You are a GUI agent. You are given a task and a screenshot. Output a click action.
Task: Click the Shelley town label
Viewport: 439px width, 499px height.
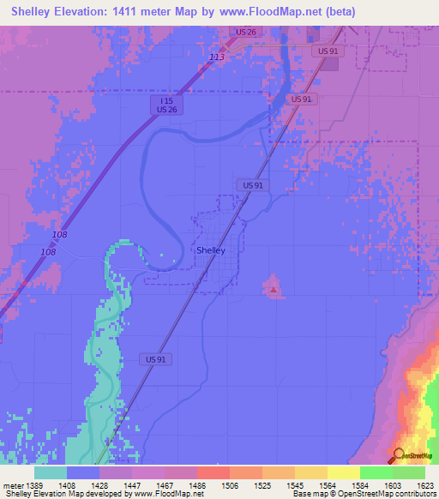tap(211, 250)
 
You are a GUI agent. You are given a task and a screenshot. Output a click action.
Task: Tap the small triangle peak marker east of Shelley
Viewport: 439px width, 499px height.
tap(274, 291)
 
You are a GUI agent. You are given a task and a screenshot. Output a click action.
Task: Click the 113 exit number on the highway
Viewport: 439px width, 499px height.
tap(217, 57)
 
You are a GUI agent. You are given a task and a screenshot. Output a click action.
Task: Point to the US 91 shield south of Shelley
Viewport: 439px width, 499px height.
tap(154, 360)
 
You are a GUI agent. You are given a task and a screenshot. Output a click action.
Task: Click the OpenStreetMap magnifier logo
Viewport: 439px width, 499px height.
tap(400, 454)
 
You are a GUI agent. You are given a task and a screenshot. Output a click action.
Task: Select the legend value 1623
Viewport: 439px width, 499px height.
tap(425, 484)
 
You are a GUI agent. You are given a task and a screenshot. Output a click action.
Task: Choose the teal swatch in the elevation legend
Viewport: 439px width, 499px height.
tap(51, 472)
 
